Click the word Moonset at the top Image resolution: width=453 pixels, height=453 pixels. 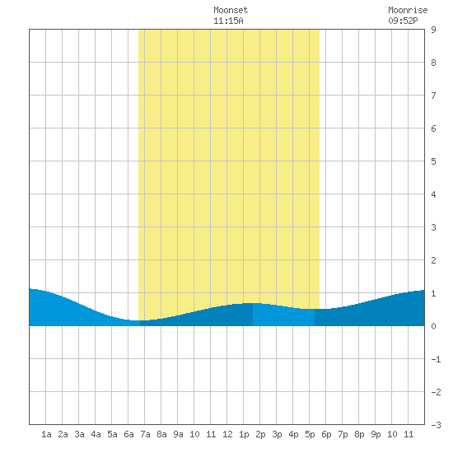tap(231, 10)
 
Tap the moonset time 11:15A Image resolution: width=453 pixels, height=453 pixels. tap(228, 21)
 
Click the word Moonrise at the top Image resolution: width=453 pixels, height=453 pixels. tap(408, 10)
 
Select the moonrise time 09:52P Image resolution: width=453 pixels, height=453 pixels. tap(403, 21)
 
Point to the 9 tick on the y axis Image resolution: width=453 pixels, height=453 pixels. tap(433, 30)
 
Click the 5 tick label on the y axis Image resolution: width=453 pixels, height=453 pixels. tap(433, 161)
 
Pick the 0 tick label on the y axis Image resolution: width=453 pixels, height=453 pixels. tap(433, 326)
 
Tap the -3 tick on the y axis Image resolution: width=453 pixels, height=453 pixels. tap(436, 425)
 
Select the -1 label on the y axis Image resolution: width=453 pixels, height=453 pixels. tap(436, 359)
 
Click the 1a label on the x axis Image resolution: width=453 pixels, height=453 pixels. tap(46, 434)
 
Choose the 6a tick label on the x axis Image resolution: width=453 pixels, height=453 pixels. tap(128, 434)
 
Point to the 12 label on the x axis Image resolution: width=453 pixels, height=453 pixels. tap(227, 434)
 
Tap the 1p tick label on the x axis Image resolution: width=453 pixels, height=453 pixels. tap(244, 435)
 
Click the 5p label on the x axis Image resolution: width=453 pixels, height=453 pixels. tap(310, 435)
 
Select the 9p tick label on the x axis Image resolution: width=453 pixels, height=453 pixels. tap(376, 435)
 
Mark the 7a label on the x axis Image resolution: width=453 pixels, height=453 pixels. tap(145, 434)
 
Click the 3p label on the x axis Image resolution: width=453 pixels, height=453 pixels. tap(277, 435)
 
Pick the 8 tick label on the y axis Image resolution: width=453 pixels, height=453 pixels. tap(433, 63)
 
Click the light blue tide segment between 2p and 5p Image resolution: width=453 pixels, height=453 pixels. tap(283, 315)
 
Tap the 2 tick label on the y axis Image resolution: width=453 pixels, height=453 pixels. tap(433, 260)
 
